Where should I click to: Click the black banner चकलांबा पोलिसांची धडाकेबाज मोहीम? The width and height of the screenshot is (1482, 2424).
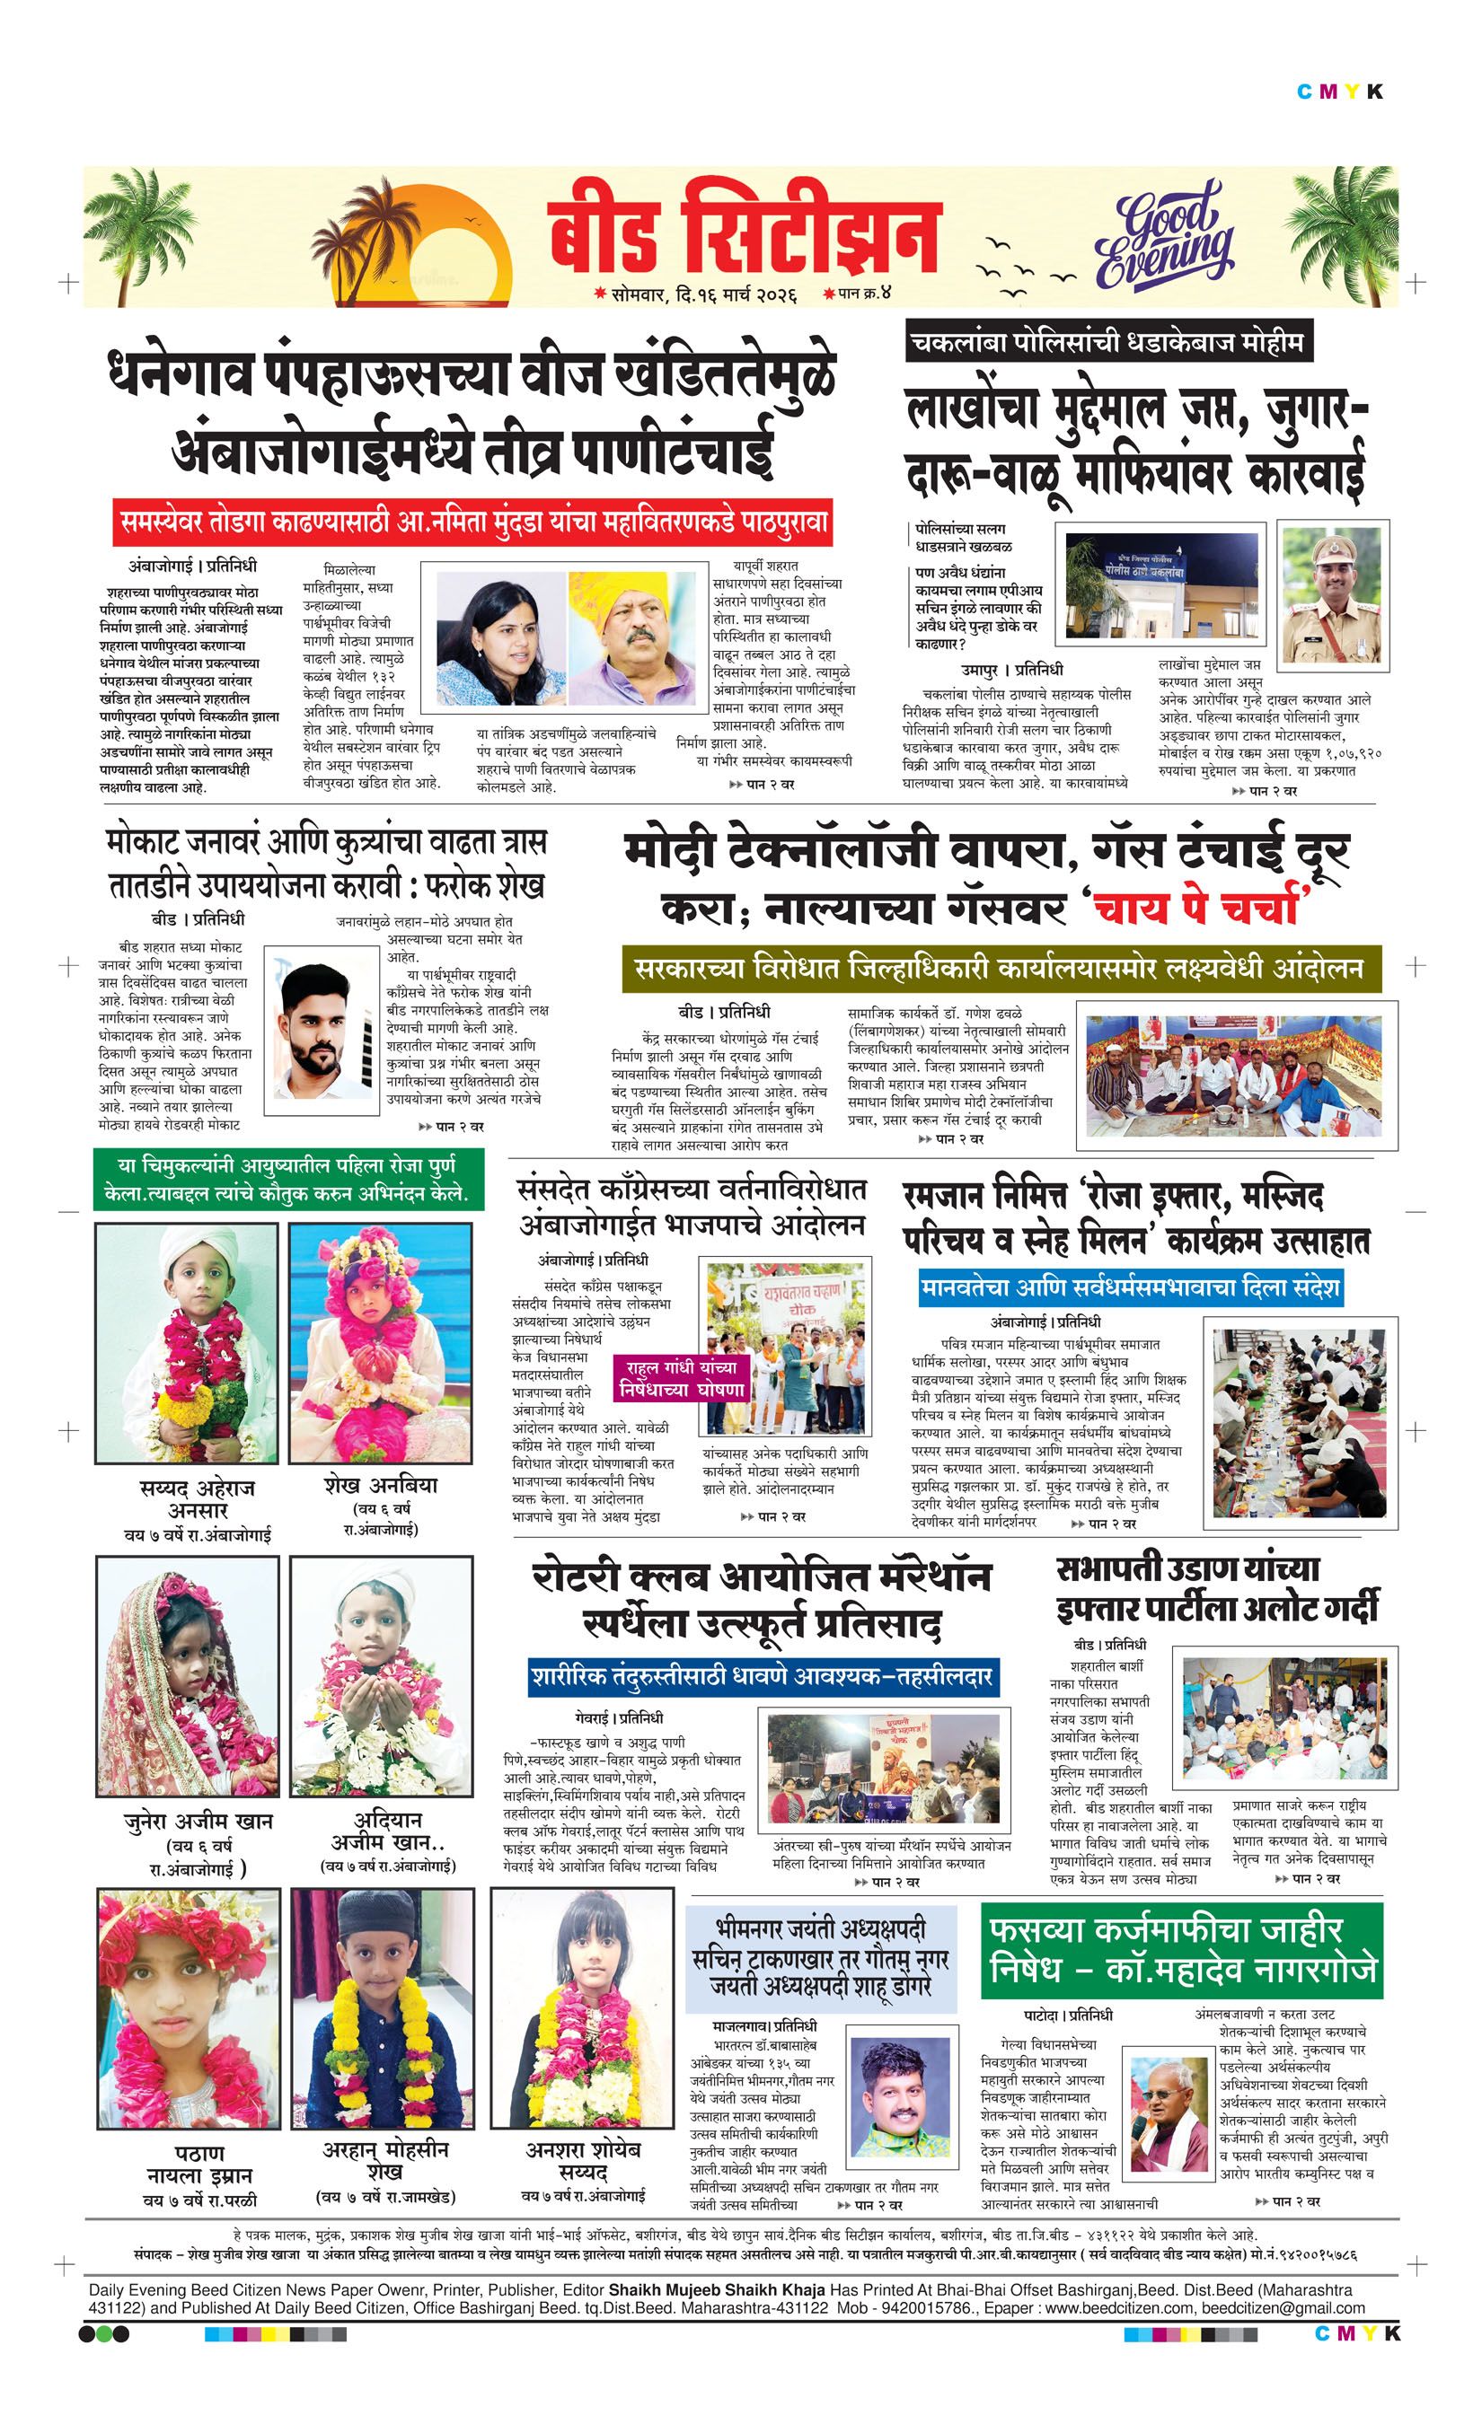(1110, 343)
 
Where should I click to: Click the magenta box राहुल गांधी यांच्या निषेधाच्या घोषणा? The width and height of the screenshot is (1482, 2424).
(682, 1378)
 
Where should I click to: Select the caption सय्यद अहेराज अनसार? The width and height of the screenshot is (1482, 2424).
(197, 1499)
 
